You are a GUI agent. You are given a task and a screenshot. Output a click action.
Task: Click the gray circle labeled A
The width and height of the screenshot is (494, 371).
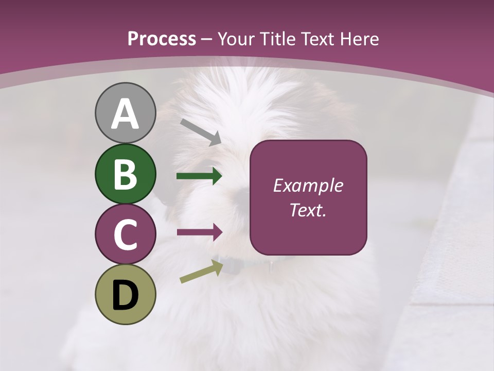click(125, 113)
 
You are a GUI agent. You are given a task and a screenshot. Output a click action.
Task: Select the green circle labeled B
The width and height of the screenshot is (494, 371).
click(125, 174)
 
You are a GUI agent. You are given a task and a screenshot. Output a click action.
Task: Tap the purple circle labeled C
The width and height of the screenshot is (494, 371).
click(125, 234)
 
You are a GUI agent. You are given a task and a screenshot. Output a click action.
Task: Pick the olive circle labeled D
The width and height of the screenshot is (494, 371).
click(125, 295)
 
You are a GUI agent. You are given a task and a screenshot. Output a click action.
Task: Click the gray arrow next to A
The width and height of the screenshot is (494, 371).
click(201, 132)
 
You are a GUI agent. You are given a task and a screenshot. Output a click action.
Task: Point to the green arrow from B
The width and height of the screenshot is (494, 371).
click(199, 176)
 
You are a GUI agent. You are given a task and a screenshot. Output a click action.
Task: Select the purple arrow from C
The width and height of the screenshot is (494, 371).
click(199, 232)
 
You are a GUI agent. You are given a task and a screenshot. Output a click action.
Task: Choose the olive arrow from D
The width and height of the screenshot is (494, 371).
click(201, 272)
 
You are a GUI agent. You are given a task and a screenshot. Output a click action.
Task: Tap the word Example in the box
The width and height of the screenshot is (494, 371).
click(308, 185)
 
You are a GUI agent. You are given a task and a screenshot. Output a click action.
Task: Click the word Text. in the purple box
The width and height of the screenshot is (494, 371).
click(308, 210)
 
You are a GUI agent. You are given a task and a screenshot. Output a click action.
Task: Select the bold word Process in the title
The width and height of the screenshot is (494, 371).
click(162, 39)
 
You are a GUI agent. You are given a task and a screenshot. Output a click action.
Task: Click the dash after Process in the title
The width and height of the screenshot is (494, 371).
click(207, 39)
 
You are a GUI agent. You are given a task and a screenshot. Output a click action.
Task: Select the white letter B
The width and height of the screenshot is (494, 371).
click(125, 174)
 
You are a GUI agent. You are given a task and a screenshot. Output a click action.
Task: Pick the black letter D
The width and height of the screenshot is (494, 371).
click(125, 295)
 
